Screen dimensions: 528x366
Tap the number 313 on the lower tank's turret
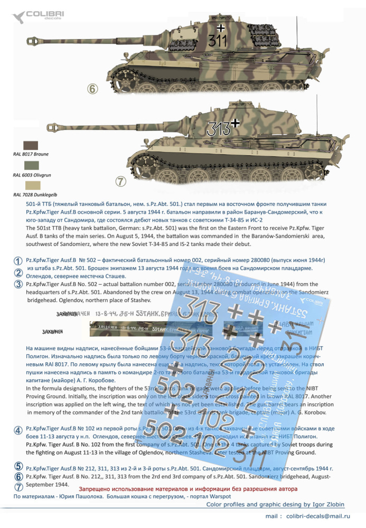pyautogui.click(x=217, y=128)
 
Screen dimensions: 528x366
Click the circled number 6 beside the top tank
pyautogui.click(x=93, y=89)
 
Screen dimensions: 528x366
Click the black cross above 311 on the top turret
pyautogui.click(x=221, y=26)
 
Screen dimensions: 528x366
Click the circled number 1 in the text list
pyautogui.click(x=18, y=261)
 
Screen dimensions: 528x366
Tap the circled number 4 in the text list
pyautogui.click(x=18, y=430)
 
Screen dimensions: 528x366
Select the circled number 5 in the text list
pyautogui.click(x=18, y=466)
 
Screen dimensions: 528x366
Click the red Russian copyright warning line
pyautogui.click(x=187, y=489)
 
